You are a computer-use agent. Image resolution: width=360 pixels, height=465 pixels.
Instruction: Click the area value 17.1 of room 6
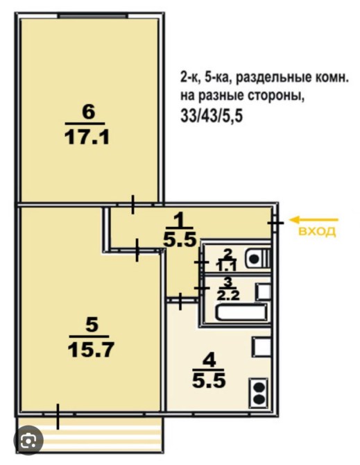[x=87, y=138]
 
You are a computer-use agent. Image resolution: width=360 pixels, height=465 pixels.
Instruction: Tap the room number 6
[x=89, y=112]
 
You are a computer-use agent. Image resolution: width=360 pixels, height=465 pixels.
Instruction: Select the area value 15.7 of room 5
[x=91, y=350]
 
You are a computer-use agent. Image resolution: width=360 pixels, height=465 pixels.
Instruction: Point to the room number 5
[x=92, y=325]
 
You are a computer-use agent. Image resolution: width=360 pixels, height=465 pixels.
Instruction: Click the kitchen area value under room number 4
[x=209, y=380]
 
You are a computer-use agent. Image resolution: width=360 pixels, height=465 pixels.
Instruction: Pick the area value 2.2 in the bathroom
[x=228, y=295]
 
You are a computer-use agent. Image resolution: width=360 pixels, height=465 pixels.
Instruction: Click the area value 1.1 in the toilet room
[x=227, y=267]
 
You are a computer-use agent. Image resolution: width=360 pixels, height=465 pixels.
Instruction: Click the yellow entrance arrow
[x=314, y=220]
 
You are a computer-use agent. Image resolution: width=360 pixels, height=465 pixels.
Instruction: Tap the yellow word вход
[x=317, y=231]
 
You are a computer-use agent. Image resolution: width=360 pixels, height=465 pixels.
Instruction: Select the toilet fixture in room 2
[x=258, y=259]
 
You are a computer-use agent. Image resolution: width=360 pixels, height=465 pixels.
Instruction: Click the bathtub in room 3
[x=241, y=312]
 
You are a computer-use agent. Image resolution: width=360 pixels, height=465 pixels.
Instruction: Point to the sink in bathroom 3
[x=264, y=291]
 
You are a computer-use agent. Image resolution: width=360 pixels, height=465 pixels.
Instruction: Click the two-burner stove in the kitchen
[x=259, y=392]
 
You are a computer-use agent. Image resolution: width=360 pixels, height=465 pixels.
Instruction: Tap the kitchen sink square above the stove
[x=261, y=347]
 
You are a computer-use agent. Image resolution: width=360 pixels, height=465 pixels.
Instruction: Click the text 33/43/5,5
[x=212, y=116]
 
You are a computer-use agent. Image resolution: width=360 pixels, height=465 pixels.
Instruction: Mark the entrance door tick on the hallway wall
[x=275, y=222]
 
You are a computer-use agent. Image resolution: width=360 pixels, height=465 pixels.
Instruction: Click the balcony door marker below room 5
[x=58, y=416]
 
